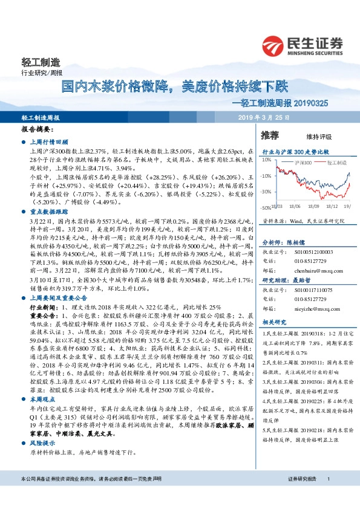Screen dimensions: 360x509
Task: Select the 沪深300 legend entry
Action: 303,163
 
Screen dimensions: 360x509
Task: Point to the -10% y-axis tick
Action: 267,176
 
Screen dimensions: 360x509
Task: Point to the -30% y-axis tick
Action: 267,192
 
